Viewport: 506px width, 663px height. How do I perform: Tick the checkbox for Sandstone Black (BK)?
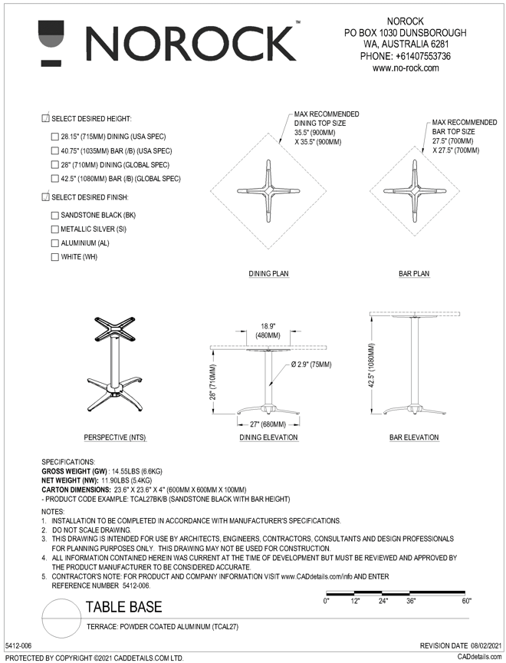pyautogui.click(x=54, y=216)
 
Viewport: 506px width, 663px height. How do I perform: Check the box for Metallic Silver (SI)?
pyautogui.click(x=54, y=229)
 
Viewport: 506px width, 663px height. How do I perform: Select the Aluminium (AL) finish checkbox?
pyautogui.click(x=54, y=243)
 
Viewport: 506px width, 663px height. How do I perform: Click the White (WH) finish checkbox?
pyautogui.click(x=54, y=257)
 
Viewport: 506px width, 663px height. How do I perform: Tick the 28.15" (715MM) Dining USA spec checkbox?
pyautogui.click(x=54, y=137)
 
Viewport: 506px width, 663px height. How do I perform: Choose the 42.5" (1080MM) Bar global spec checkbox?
pyautogui.click(x=54, y=179)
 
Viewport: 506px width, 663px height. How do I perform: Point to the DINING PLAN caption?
pyautogui.click(x=268, y=273)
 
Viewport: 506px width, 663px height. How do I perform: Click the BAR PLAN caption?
pyautogui.click(x=414, y=273)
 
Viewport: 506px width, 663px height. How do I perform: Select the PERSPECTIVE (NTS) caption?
pyautogui.click(x=114, y=437)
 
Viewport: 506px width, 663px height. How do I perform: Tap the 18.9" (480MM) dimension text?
pyautogui.click(x=268, y=331)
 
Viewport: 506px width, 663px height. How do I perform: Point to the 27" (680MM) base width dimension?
pyautogui.click(x=266, y=424)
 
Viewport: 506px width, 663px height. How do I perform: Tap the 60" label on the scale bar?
pyautogui.click(x=465, y=602)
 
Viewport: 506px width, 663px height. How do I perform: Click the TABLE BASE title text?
pyautogui.click(x=123, y=607)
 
